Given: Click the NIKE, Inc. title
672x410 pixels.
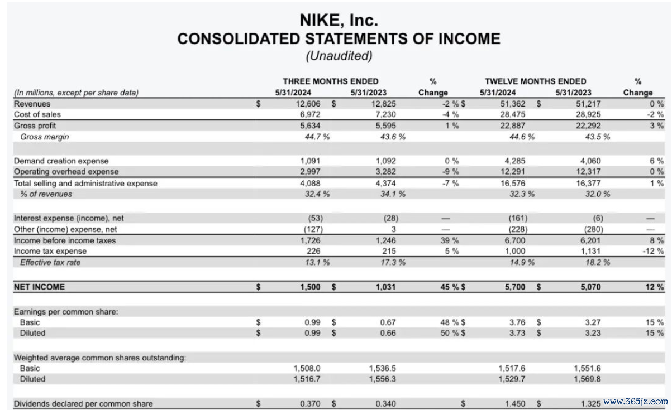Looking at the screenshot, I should point(339,20).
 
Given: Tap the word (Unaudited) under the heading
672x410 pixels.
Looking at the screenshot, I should point(339,56).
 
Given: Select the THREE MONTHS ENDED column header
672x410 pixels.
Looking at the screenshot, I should point(330,81).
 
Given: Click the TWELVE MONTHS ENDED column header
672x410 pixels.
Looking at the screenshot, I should point(535,81).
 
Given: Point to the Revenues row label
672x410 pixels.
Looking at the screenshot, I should point(32,104).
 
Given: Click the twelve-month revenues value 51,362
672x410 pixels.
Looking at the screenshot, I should point(513,104).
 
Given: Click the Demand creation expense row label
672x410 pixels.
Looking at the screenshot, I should point(61,161).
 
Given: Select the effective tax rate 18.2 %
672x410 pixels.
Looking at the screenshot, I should point(594,262).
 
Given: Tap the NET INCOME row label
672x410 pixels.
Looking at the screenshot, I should point(39,287).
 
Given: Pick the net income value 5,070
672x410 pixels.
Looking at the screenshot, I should point(592,287).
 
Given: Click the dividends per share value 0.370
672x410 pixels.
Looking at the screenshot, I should point(312,403).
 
